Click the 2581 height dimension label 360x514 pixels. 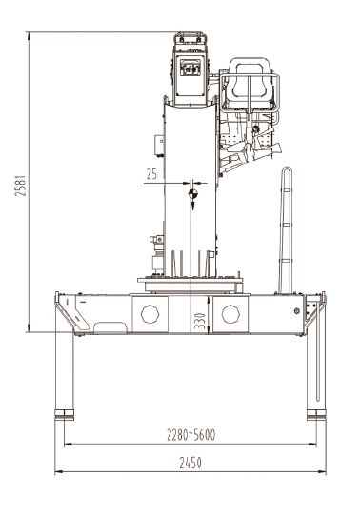(20, 186)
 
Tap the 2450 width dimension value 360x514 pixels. (190, 463)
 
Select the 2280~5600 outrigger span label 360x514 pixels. (190, 435)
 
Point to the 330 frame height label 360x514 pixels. (199, 322)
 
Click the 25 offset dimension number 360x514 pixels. (151, 174)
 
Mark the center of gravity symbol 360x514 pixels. (193, 194)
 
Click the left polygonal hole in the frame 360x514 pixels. (150, 314)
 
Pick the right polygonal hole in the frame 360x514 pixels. (230, 314)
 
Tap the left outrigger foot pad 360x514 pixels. (64, 415)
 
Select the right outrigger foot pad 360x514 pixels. (316, 415)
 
